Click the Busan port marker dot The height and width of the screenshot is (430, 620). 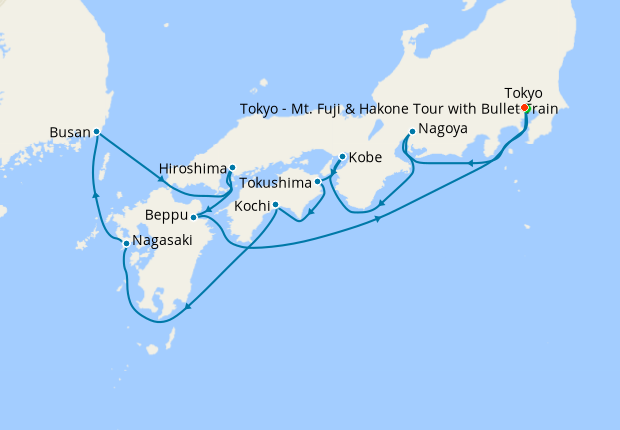pos(97,131)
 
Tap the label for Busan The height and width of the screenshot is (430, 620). pos(69,131)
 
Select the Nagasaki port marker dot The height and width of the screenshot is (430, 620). pos(125,243)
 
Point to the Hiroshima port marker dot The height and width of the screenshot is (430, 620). pos(232,168)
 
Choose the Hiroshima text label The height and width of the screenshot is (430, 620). pos(193,168)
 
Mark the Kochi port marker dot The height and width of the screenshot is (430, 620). pos(275,205)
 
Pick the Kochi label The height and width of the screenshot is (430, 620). pos(250,205)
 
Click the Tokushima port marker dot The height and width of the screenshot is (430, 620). pos(318,182)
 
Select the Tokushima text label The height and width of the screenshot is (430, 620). pos(276,183)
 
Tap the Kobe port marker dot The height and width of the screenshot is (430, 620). pos(342,157)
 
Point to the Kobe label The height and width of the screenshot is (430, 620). pos(365,157)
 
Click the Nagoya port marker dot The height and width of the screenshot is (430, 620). pos(412,131)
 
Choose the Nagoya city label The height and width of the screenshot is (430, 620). pos(442,130)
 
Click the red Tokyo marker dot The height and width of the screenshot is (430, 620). pos(525,107)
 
